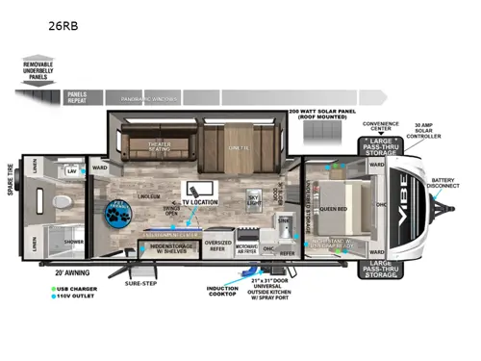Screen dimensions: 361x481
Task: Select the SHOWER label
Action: click(73, 242)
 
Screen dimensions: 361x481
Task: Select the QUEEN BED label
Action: click(334, 208)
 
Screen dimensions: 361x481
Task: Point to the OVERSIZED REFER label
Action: click(219, 244)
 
